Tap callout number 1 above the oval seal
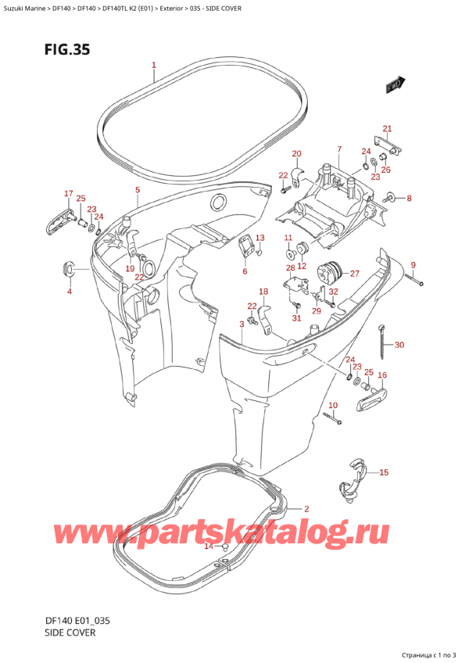coord(154,65)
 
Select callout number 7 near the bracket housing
coord(339,149)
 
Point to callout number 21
coord(386,128)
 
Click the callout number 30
coord(399,345)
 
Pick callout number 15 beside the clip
coord(384,472)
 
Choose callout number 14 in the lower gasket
coord(208,547)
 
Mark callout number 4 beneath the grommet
coord(69,292)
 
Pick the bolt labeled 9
coord(414,281)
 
